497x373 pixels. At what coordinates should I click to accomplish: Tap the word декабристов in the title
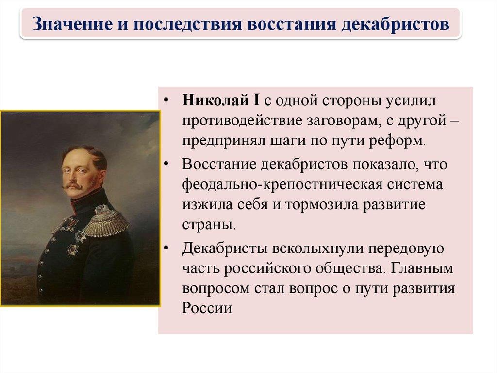(395, 24)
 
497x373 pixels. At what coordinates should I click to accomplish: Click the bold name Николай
(215, 100)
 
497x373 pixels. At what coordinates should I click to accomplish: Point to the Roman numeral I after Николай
(256, 100)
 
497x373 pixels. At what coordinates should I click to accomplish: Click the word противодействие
(242, 121)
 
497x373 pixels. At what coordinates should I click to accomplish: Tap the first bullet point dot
(166, 101)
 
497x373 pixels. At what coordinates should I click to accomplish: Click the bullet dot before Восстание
(166, 164)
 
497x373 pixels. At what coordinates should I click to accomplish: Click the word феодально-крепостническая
(282, 185)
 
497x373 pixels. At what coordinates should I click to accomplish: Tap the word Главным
(422, 268)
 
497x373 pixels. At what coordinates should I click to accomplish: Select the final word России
(207, 308)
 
